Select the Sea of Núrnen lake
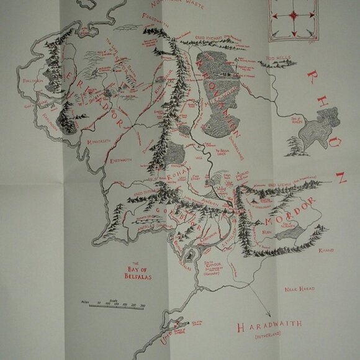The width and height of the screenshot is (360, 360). (x=291, y=232)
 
